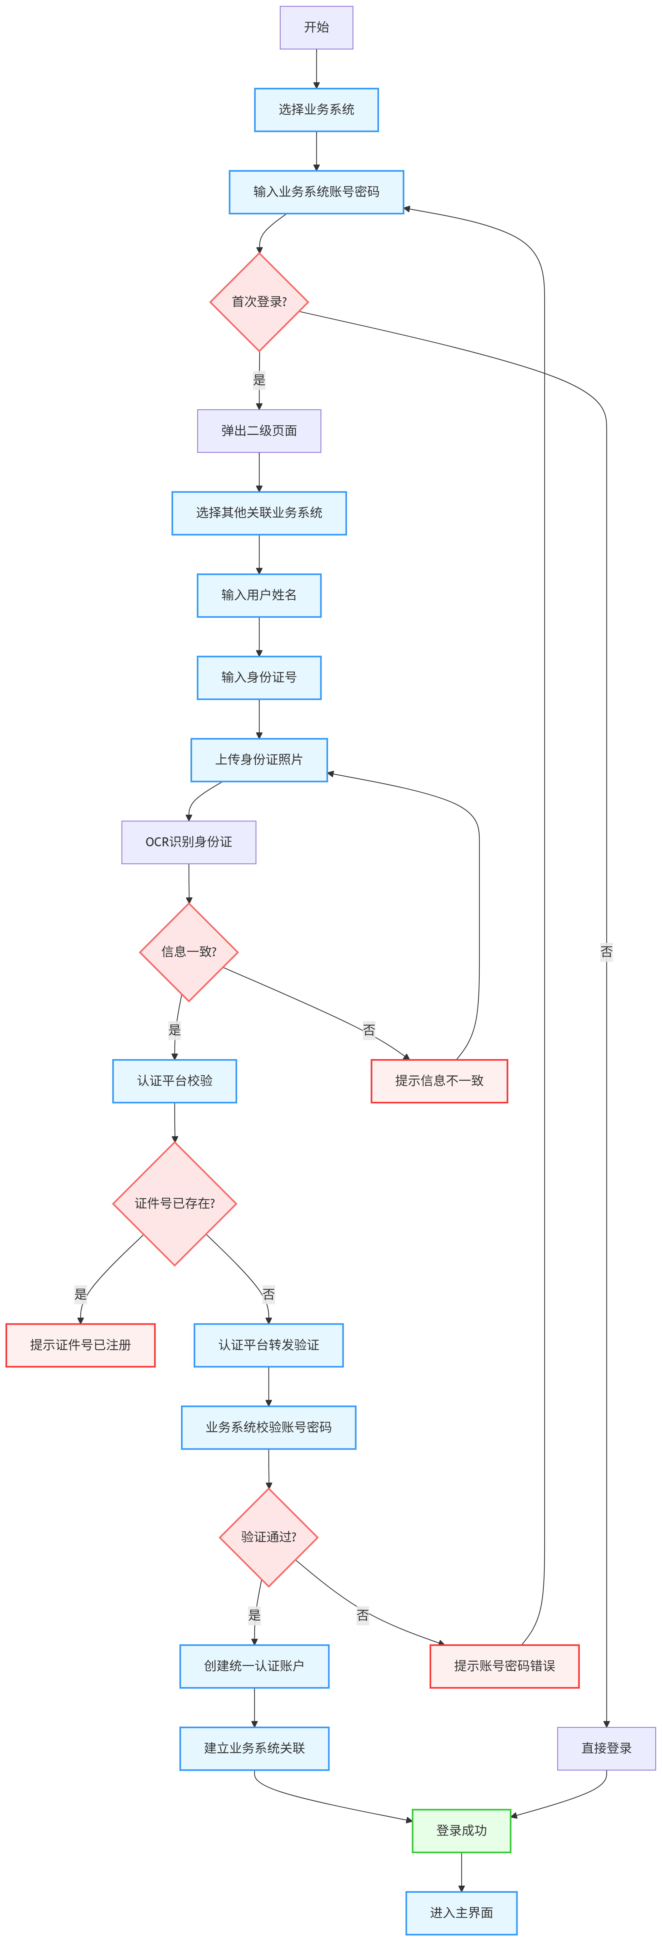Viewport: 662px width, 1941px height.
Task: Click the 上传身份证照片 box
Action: coord(259,760)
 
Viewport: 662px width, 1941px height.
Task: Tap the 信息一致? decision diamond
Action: coord(189,952)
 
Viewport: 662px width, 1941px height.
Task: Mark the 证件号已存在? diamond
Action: coord(175,1203)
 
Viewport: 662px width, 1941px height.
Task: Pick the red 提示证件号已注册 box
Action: coord(81,1345)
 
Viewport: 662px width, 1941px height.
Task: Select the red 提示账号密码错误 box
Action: coord(505,1666)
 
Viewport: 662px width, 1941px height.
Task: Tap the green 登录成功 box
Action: coord(462,1830)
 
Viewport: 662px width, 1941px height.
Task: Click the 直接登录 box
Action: coord(606,1748)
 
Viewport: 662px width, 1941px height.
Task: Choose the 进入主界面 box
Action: coord(462,1912)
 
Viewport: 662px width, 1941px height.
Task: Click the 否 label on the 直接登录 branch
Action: coord(606,952)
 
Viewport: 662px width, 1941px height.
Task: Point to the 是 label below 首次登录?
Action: coord(259,380)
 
